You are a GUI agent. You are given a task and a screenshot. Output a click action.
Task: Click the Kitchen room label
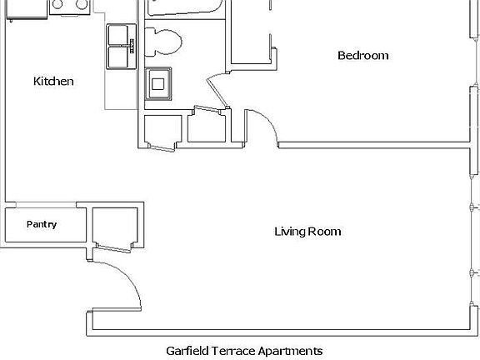click(54, 82)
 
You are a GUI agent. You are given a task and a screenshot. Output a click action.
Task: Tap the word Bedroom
click(362, 56)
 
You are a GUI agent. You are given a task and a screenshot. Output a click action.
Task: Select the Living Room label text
click(307, 231)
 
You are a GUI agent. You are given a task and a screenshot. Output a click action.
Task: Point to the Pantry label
click(42, 224)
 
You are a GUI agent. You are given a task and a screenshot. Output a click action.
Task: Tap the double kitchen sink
click(122, 46)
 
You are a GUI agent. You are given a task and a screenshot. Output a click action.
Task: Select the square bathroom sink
click(158, 83)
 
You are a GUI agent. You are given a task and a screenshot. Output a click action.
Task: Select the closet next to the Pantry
click(115, 226)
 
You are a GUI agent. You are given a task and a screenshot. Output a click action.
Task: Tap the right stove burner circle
click(82, 4)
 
